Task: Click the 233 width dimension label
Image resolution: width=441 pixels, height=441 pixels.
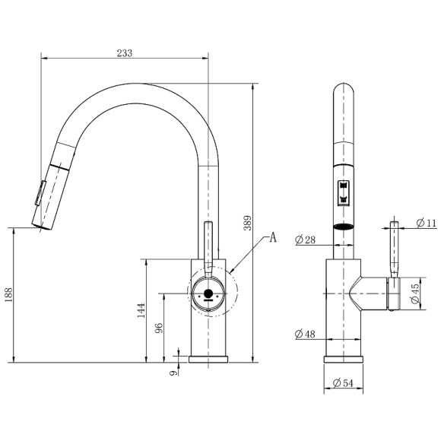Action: (124, 53)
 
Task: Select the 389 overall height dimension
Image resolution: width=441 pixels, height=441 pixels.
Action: (247, 223)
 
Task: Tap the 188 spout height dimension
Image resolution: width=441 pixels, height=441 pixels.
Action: (8, 295)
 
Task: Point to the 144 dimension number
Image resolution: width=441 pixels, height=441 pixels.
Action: (141, 310)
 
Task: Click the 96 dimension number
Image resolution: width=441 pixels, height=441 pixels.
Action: (159, 328)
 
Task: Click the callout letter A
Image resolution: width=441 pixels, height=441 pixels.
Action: (273, 238)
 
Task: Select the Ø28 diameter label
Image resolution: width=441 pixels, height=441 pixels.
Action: (305, 240)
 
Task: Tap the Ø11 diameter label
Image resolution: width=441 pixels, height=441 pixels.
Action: (426, 224)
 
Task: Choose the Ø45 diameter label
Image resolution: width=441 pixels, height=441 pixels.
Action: (415, 294)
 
